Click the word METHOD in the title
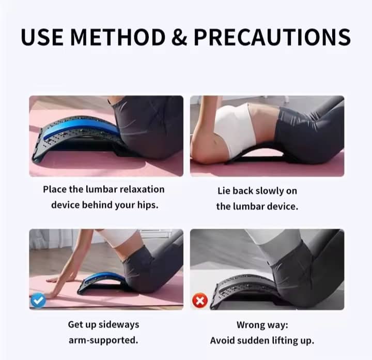pyautogui.click(x=118, y=37)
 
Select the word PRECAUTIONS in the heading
pyautogui.click(x=272, y=37)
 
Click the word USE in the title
pyautogui.click(x=42, y=37)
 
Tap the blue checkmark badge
pyautogui.click(x=38, y=301)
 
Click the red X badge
pyautogui.click(x=200, y=301)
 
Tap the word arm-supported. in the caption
pyautogui.click(x=103, y=340)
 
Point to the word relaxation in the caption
pyautogui.click(x=142, y=189)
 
